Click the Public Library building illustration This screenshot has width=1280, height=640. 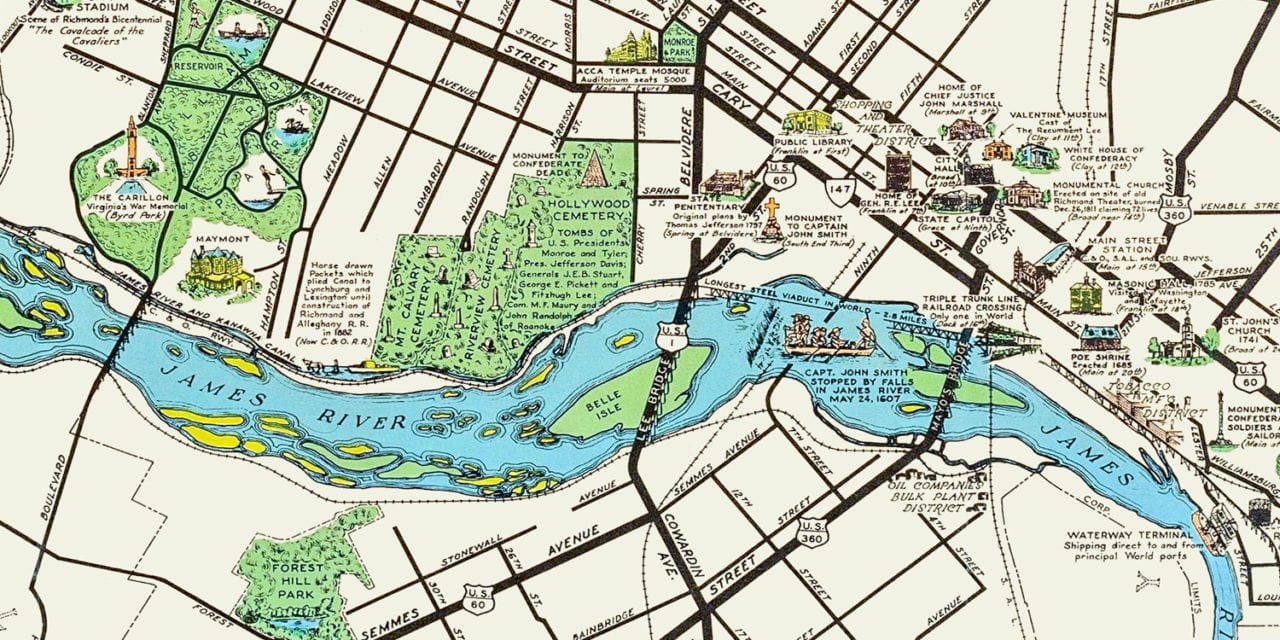(811, 123)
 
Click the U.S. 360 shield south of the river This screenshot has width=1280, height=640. (812, 531)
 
